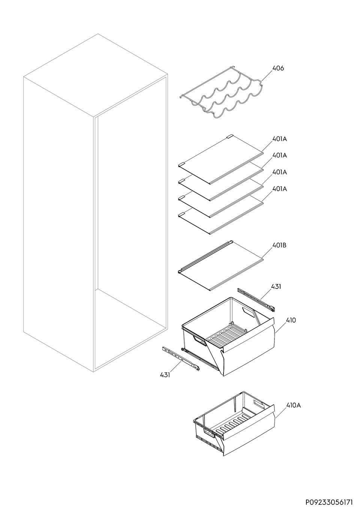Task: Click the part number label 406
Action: pyautogui.click(x=278, y=68)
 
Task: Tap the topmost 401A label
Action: pyautogui.click(x=279, y=139)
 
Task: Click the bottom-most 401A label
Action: pyautogui.click(x=279, y=189)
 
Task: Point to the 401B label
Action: pyautogui.click(x=279, y=246)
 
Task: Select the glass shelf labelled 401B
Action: pyautogui.click(x=221, y=265)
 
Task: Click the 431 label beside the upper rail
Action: pyautogui.click(x=276, y=286)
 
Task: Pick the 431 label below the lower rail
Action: pyautogui.click(x=165, y=374)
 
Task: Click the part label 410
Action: pyautogui.click(x=291, y=320)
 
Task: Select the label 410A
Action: pyautogui.click(x=293, y=405)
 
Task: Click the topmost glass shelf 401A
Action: pyautogui.click(x=221, y=159)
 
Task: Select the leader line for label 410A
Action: pyautogui.click(x=280, y=412)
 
